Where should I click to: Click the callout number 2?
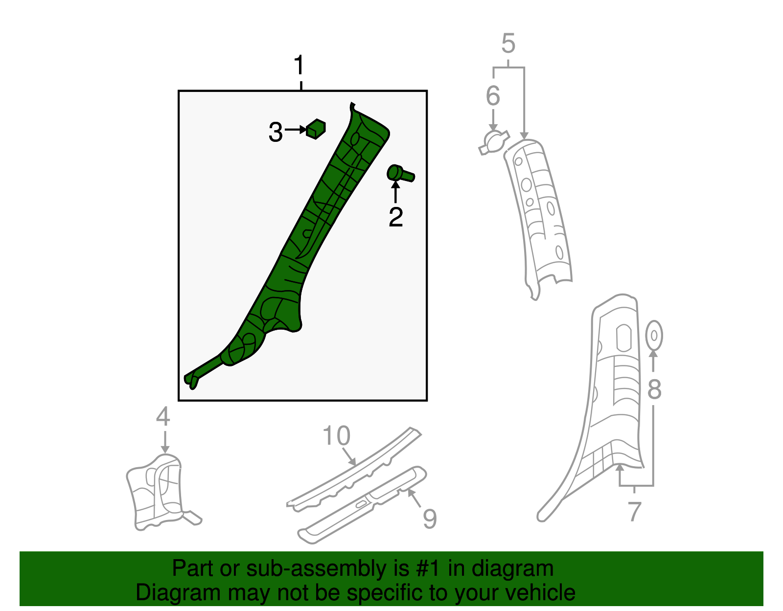point(395,217)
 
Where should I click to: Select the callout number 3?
point(276,133)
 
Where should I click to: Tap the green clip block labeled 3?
point(316,129)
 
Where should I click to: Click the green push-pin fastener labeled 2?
point(400,174)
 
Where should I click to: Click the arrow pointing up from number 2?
point(395,192)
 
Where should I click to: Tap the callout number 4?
point(163,416)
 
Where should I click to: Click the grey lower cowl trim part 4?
point(157,492)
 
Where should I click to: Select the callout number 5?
point(508,44)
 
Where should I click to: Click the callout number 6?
point(493,95)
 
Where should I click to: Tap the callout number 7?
point(634,511)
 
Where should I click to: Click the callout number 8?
point(654,390)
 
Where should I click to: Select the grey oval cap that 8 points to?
point(654,335)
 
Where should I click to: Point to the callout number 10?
point(337,436)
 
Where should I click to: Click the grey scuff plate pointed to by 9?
point(362,504)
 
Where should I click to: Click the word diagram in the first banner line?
point(512,569)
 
